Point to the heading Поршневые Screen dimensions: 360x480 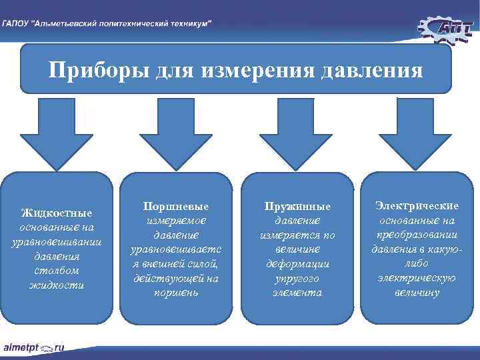pos(176,206)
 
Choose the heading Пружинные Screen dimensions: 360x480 pos(297,206)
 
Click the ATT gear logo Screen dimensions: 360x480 pos(445,27)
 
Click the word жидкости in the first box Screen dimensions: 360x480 pos(57,285)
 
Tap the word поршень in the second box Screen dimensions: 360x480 pos(176,293)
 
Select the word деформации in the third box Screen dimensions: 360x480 pos(297,264)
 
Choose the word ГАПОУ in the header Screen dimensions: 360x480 pos(16,23)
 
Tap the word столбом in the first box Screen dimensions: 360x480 pos(57,271)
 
